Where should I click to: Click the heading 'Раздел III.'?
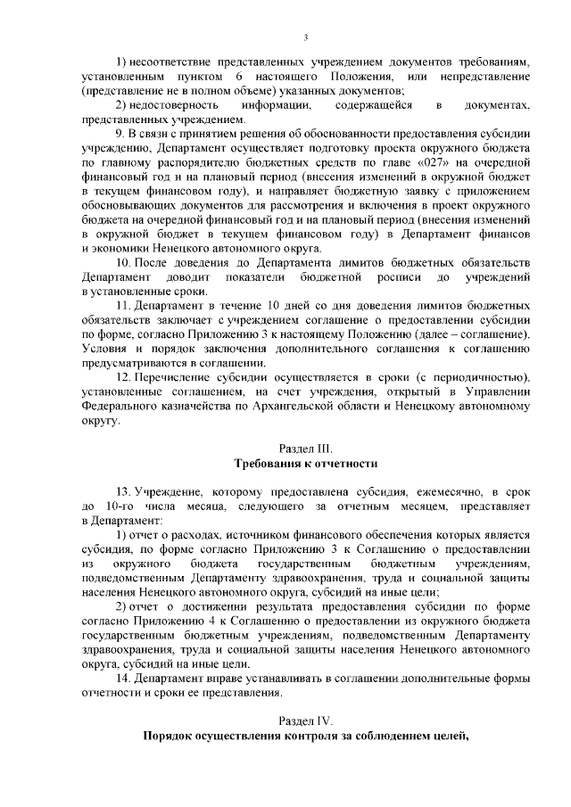[307, 448]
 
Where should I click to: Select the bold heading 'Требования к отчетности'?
[307, 464]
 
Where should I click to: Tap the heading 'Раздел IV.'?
[307, 721]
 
